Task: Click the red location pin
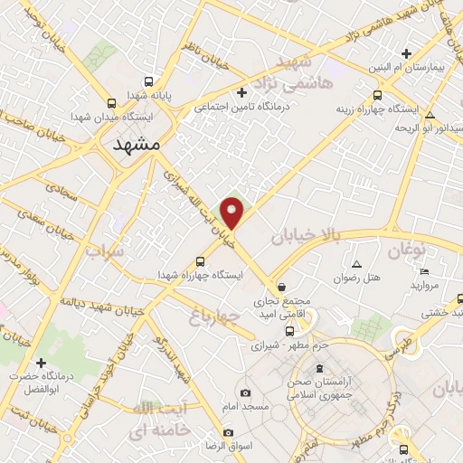233,212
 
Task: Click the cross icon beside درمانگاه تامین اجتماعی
241,92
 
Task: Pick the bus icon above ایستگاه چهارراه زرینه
377,95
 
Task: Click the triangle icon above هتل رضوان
356,265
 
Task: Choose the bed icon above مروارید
425,270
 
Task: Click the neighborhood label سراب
104,252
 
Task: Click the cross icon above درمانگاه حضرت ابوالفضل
40,362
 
